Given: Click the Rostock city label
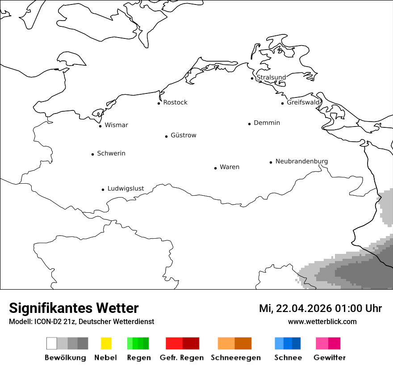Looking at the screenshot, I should tap(175, 102).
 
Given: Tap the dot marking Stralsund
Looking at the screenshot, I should tap(252, 78).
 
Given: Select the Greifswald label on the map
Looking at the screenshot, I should tap(303, 102).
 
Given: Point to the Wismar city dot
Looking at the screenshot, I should tap(100, 126).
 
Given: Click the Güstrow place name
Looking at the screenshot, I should tap(183, 135).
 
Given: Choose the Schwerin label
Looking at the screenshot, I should tap(111, 153).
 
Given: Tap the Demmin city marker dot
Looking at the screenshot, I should tap(250, 124).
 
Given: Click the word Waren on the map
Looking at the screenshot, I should tap(230, 167).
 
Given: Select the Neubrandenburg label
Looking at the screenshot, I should tap(301, 161).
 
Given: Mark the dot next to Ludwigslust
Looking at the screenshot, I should tap(103, 190).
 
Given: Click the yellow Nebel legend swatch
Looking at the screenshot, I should tap(106, 343).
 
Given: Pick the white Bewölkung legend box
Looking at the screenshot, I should tap(52, 343).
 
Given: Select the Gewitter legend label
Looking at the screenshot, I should tap(330, 358).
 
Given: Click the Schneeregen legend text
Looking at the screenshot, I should tap(236, 358).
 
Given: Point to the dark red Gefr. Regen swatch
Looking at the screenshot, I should tap(191, 343).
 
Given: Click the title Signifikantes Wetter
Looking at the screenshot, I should tap(74, 308).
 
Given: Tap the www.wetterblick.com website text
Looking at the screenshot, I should tap(322, 321).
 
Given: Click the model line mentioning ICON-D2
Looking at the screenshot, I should tap(81, 321).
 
